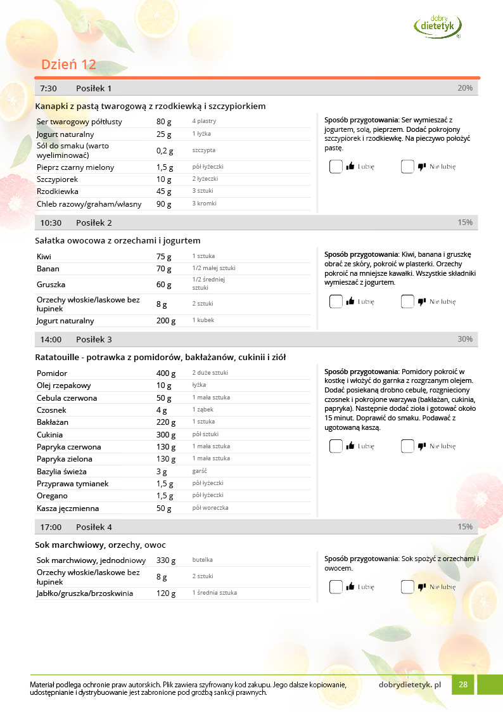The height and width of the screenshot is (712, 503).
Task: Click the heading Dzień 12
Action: click(x=68, y=65)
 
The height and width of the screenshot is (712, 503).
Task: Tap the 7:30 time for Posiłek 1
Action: click(x=49, y=88)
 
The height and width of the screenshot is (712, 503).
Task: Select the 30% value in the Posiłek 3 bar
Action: click(x=465, y=339)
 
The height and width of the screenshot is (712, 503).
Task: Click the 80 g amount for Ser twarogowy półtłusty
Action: click(x=164, y=122)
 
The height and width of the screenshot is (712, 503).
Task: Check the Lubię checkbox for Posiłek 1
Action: click(x=336, y=167)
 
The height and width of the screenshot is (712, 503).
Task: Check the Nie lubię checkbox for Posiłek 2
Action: click(x=407, y=302)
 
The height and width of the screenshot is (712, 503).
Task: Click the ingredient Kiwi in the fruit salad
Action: click(x=44, y=257)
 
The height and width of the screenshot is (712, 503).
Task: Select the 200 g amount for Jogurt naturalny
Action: click(x=166, y=321)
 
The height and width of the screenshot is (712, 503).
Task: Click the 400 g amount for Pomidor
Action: click(x=166, y=373)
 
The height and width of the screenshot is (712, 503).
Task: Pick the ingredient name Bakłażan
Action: click(x=53, y=422)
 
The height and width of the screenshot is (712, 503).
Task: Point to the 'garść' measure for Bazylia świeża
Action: click(x=200, y=471)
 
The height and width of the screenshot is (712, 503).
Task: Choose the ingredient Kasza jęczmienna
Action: click(x=68, y=508)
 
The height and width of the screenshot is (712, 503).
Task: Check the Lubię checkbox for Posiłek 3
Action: click(x=336, y=446)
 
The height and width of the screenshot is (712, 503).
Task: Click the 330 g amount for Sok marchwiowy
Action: click(x=166, y=560)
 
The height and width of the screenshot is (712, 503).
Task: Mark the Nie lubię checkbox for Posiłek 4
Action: click(x=407, y=587)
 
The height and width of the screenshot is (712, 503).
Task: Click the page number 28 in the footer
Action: click(x=463, y=685)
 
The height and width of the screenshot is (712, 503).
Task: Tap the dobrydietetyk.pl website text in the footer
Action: click(x=409, y=685)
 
